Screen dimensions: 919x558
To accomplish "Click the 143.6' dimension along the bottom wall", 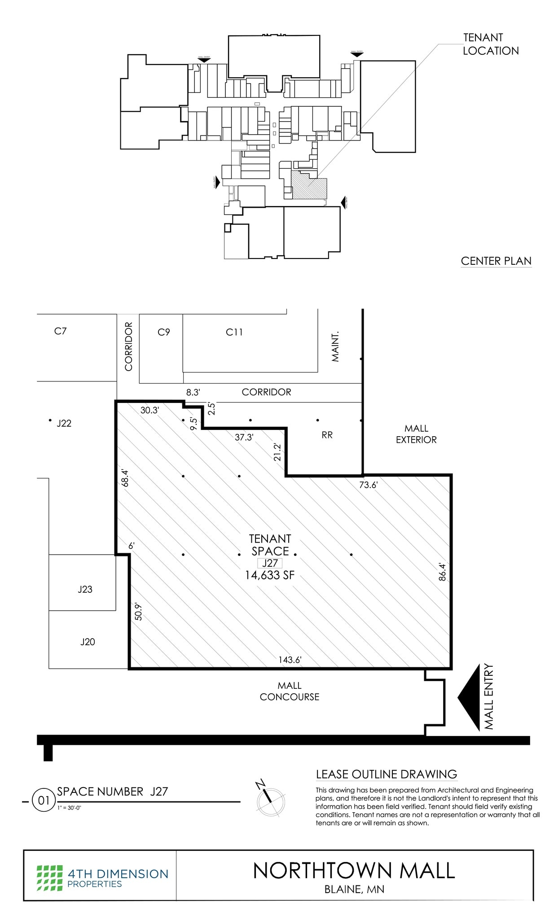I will click(x=290, y=660).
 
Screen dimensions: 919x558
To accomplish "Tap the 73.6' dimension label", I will click(x=369, y=485).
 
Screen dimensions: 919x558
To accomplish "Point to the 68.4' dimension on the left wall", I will click(x=125, y=478).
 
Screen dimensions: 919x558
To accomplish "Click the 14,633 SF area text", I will click(x=270, y=575).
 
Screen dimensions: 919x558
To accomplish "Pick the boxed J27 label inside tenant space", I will click(x=270, y=563).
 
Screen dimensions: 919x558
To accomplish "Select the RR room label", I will click(x=327, y=435).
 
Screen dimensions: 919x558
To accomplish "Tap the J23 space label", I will click(x=85, y=589).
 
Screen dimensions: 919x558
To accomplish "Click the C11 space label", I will click(x=234, y=332).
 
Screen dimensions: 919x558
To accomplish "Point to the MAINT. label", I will click(x=335, y=347).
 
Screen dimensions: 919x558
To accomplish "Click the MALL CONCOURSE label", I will click(x=290, y=691).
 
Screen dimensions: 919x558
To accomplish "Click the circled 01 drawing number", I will click(x=44, y=801).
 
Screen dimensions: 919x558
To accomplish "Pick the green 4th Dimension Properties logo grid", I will click(x=49, y=878).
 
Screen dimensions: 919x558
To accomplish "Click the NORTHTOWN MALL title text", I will click(x=354, y=871).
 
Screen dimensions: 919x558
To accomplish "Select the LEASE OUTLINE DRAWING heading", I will click(x=386, y=774).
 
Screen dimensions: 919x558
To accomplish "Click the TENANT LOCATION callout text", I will click(x=490, y=44).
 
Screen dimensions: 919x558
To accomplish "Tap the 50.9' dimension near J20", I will click(x=138, y=611).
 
